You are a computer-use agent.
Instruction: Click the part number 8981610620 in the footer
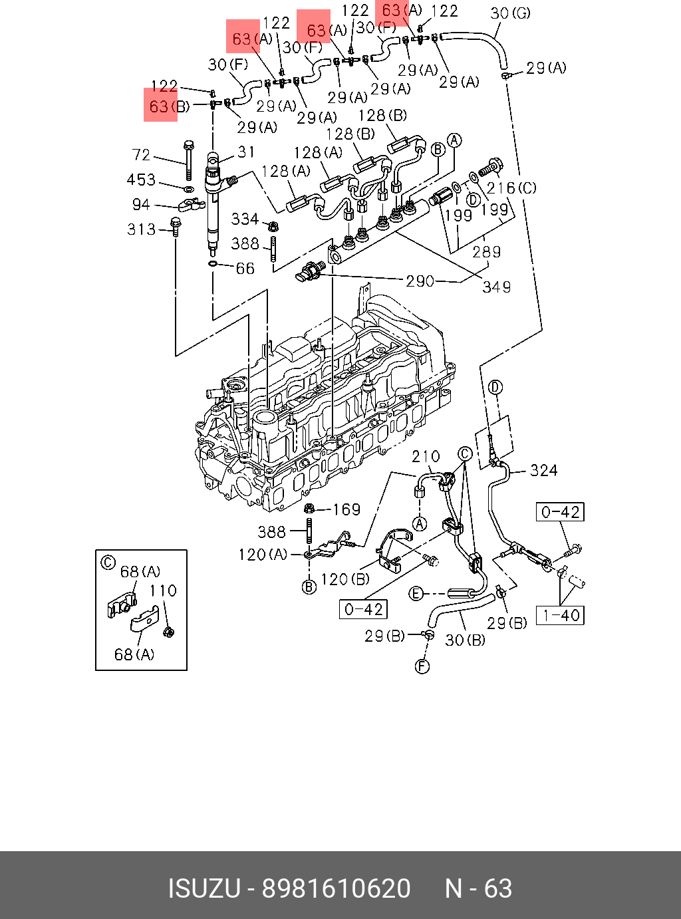337,888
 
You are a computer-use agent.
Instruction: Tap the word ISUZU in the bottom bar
204,888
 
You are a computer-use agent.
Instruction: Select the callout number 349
497,287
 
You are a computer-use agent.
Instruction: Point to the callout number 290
420,281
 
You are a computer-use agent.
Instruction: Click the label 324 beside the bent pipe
543,471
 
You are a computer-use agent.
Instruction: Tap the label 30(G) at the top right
510,13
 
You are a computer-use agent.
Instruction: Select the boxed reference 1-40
560,615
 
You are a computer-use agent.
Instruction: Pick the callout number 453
141,180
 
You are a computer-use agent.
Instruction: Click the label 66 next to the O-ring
245,268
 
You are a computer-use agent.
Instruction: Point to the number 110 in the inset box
162,591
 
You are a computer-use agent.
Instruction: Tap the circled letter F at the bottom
422,666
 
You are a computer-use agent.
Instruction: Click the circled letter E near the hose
416,593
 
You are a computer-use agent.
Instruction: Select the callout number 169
346,509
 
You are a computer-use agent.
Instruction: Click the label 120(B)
344,579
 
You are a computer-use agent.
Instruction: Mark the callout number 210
426,457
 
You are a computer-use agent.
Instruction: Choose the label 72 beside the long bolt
141,155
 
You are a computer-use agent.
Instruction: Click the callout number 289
486,251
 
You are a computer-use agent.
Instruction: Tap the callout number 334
245,219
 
